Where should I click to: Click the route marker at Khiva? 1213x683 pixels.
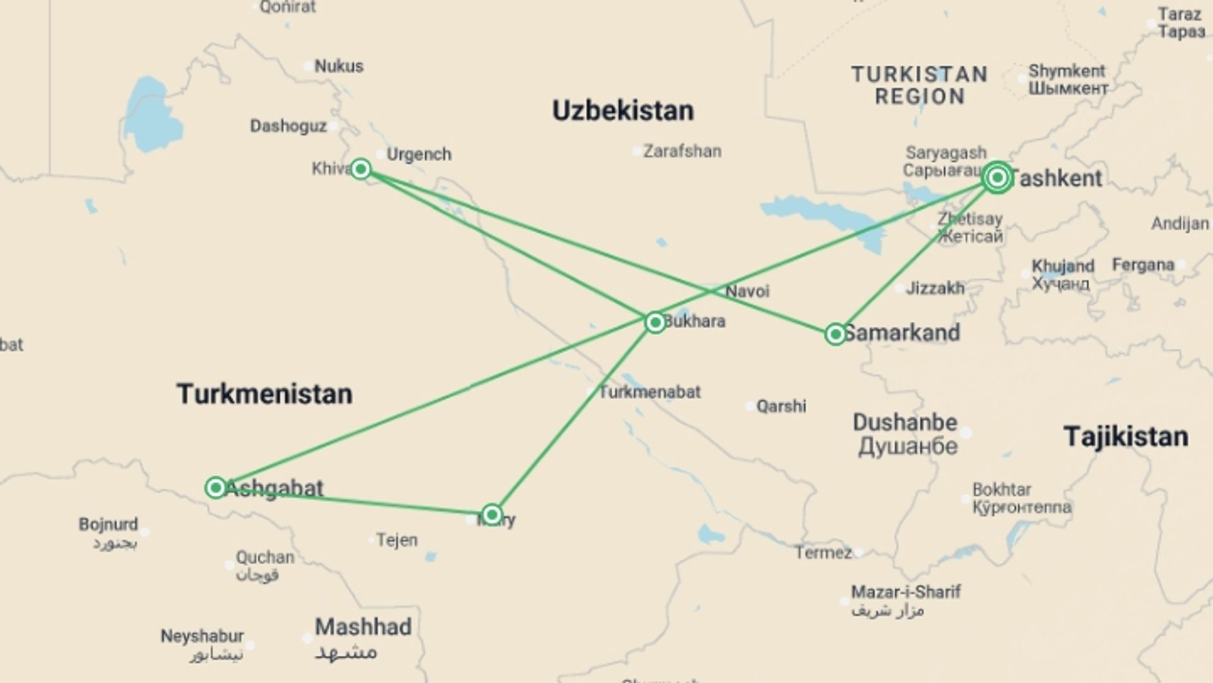tap(361, 169)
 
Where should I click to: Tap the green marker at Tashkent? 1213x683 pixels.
tap(997, 178)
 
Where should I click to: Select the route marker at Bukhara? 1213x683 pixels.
tap(655, 323)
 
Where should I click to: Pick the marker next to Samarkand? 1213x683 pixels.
tap(835, 334)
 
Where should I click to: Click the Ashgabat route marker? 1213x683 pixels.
tap(215, 488)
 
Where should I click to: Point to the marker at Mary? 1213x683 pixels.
tap(492, 514)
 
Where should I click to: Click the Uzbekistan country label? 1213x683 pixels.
tap(623, 111)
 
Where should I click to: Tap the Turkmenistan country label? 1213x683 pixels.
tap(264, 394)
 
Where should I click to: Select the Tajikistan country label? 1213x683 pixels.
tap(1126, 437)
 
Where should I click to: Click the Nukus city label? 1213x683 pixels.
tap(339, 66)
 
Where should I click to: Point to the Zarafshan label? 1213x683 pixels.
tap(682, 151)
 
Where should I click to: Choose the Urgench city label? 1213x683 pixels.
tap(419, 154)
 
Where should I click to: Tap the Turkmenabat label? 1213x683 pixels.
tap(649, 392)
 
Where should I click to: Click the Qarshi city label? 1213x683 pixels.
tap(782, 406)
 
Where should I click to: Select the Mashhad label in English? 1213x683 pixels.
tap(363, 627)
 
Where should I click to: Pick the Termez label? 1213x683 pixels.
tap(823, 553)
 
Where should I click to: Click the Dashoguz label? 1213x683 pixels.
tap(288, 126)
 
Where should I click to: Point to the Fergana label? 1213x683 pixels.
tap(1143, 264)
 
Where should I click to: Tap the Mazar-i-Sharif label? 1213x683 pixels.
tap(905, 592)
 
